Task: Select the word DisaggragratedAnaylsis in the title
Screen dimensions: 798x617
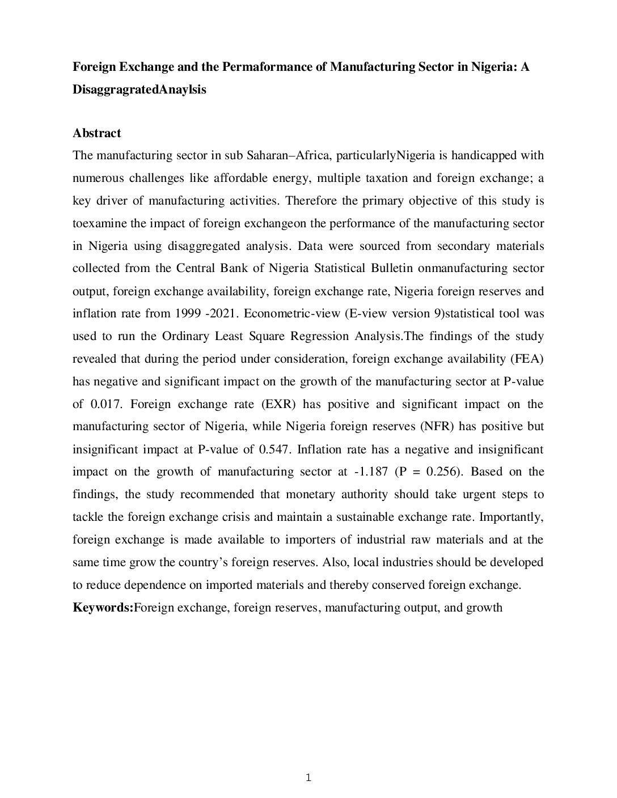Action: point(139,90)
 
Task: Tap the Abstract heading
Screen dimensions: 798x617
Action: point(96,133)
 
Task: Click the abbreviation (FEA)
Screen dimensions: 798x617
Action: point(529,359)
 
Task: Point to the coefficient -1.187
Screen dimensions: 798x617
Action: point(371,472)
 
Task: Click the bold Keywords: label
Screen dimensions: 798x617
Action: point(103,608)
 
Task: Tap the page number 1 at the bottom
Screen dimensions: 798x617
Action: point(308,778)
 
